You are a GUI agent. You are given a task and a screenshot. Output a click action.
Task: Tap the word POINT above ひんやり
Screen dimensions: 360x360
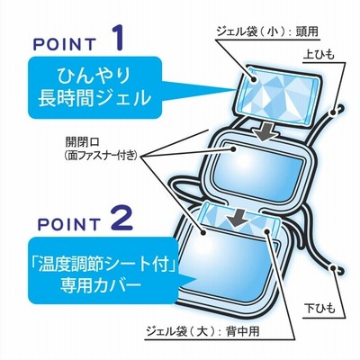pos(64,44)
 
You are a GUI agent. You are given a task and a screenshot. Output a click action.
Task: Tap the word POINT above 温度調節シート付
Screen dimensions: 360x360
pos(68,224)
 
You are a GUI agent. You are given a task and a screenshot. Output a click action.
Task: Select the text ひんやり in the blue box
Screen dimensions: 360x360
pos(94,75)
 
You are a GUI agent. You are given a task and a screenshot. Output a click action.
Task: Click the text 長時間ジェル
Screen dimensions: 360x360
pos(94,97)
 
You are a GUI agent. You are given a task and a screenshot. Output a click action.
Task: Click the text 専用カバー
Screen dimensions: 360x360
pos(101,283)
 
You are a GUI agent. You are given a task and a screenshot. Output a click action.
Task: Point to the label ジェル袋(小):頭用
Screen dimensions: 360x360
pos(267,31)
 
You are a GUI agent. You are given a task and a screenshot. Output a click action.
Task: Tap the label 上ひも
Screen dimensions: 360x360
pos(319,55)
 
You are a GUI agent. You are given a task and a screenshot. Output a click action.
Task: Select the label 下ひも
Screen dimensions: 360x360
pos(319,309)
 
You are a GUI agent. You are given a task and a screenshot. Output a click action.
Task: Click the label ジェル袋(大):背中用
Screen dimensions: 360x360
pos(203,332)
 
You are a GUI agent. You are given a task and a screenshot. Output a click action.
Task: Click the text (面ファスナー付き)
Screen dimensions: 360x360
pos(101,156)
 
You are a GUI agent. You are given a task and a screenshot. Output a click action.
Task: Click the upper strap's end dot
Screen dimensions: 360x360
pos(333,113)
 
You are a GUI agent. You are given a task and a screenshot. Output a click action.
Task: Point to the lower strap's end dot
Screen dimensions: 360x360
pos(333,267)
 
